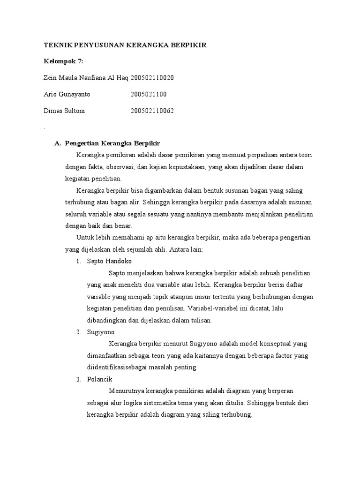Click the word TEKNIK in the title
(56, 45)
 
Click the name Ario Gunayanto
(67, 94)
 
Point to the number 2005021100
(149, 94)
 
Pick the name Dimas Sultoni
(64, 111)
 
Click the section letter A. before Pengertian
(58, 143)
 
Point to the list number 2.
(78, 332)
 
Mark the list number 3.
(78, 379)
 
